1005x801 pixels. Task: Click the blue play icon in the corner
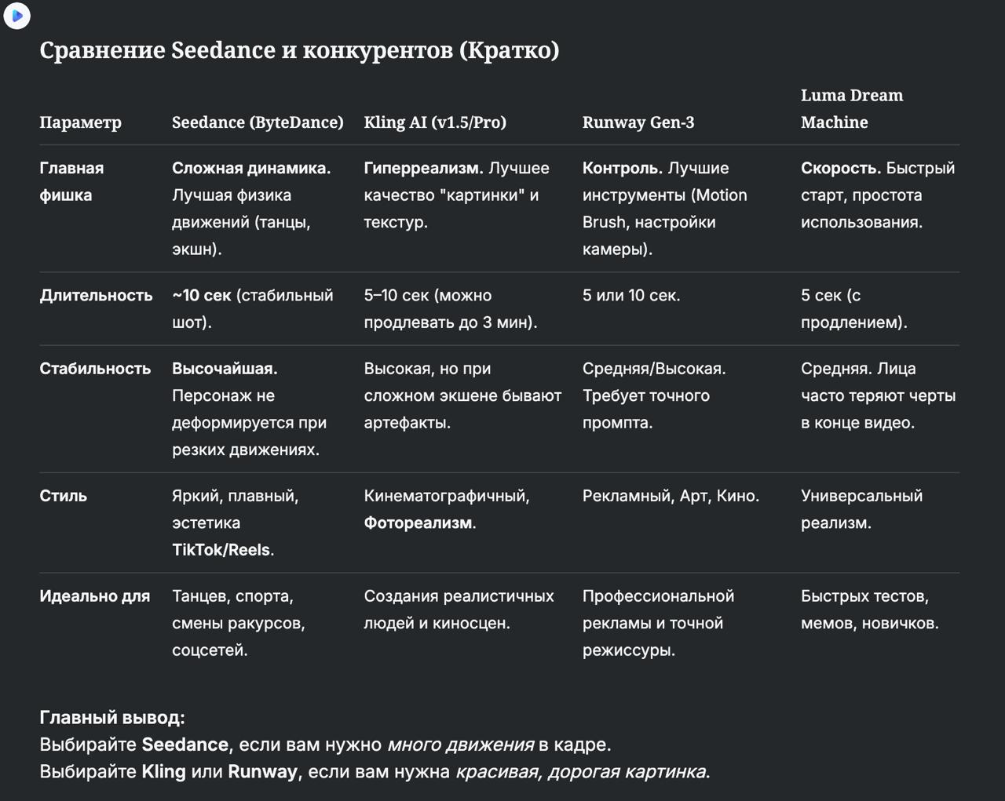click(x=17, y=16)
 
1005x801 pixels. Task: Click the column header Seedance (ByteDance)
click(x=258, y=122)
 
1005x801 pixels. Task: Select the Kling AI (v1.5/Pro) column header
click(x=434, y=122)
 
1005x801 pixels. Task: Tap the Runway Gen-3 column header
click(x=638, y=122)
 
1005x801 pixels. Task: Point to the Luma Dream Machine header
click(x=851, y=108)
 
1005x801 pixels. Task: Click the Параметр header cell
click(x=80, y=122)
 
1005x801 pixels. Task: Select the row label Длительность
click(x=96, y=296)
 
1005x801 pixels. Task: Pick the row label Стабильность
click(x=95, y=369)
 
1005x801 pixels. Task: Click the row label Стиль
click(x=63, y=496)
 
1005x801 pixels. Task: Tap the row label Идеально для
click(x=94, y=596)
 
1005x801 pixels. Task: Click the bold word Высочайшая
click(x=225, y=369)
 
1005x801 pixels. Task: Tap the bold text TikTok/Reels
click(x=221, y=550)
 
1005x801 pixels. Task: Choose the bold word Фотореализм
click(x=418, y=523)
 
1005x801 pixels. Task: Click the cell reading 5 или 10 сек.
click(x=630, y=296)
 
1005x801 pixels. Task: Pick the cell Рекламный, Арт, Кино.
click(x=671, y=496)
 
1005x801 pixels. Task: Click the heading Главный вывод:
click(x=112, y=718)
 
